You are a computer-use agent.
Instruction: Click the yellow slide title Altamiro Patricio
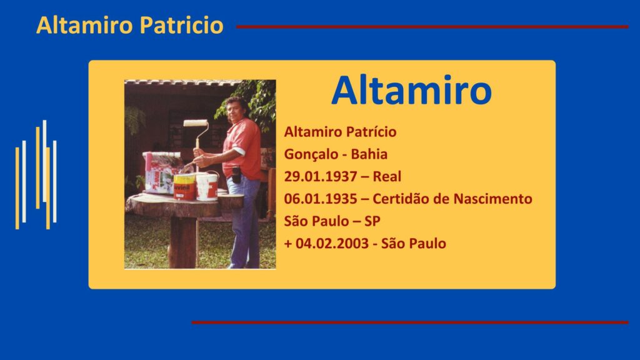click(x=130, y=25)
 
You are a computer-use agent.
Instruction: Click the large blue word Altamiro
click(x=411, y=90)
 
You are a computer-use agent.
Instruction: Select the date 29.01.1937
click(x=321, y=176)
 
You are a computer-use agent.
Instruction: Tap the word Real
click(x=387, y=176)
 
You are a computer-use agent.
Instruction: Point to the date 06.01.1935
click(x=321, y=199)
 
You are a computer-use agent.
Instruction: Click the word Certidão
click(x=401, y=199)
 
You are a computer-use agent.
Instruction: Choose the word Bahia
click(x=369, y=154)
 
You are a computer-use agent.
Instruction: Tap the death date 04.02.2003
click(x=332, y=243)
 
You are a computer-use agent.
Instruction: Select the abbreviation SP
click(x=372, y=221)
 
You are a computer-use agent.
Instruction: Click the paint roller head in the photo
click(x=196, y=123)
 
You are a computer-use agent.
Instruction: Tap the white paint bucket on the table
click(x=207, y=187)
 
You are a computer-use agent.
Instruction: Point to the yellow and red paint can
click(x=184, y=187)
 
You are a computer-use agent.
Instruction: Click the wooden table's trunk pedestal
click(x=182, y=242)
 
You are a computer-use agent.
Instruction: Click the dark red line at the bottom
click(x=410, y=322)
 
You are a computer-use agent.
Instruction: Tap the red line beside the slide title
click(x=432, y=27)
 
